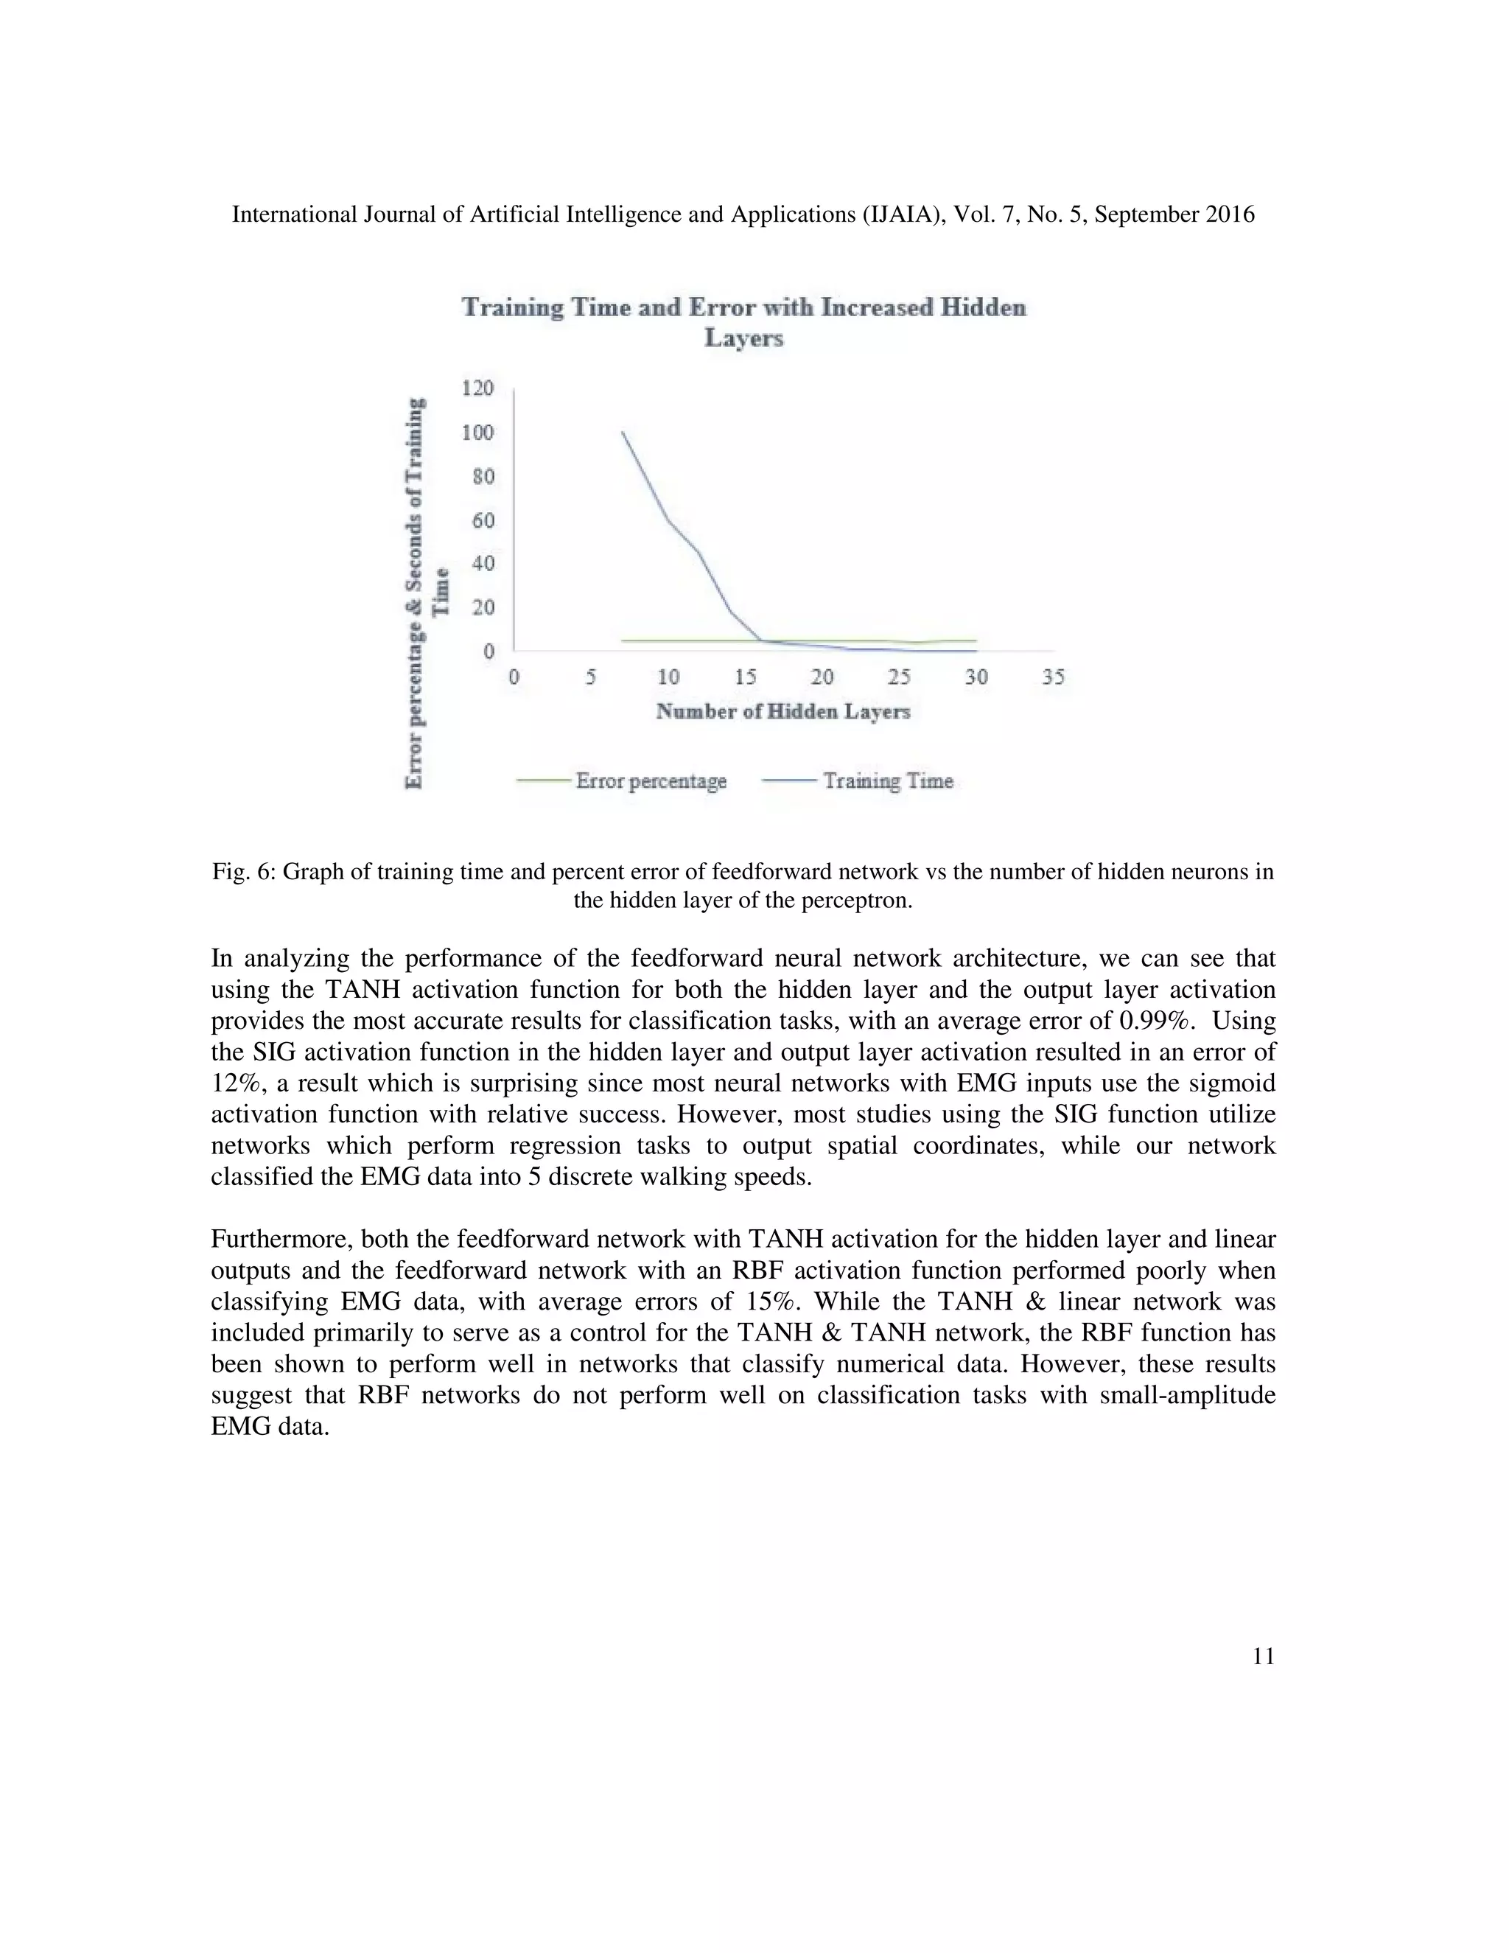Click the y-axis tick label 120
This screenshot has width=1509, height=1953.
click(477, 388)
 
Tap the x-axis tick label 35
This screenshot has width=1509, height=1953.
click(1053, 677)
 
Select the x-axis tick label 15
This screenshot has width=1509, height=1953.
click(745, 677)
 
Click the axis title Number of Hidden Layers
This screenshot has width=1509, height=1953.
click(783, 712)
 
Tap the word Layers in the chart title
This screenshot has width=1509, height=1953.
click(743, 338)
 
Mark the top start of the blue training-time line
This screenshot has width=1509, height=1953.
click(623, 433)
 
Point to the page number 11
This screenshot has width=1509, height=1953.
click(1263, 1656)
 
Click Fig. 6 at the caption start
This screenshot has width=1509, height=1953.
click(242, 871)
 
